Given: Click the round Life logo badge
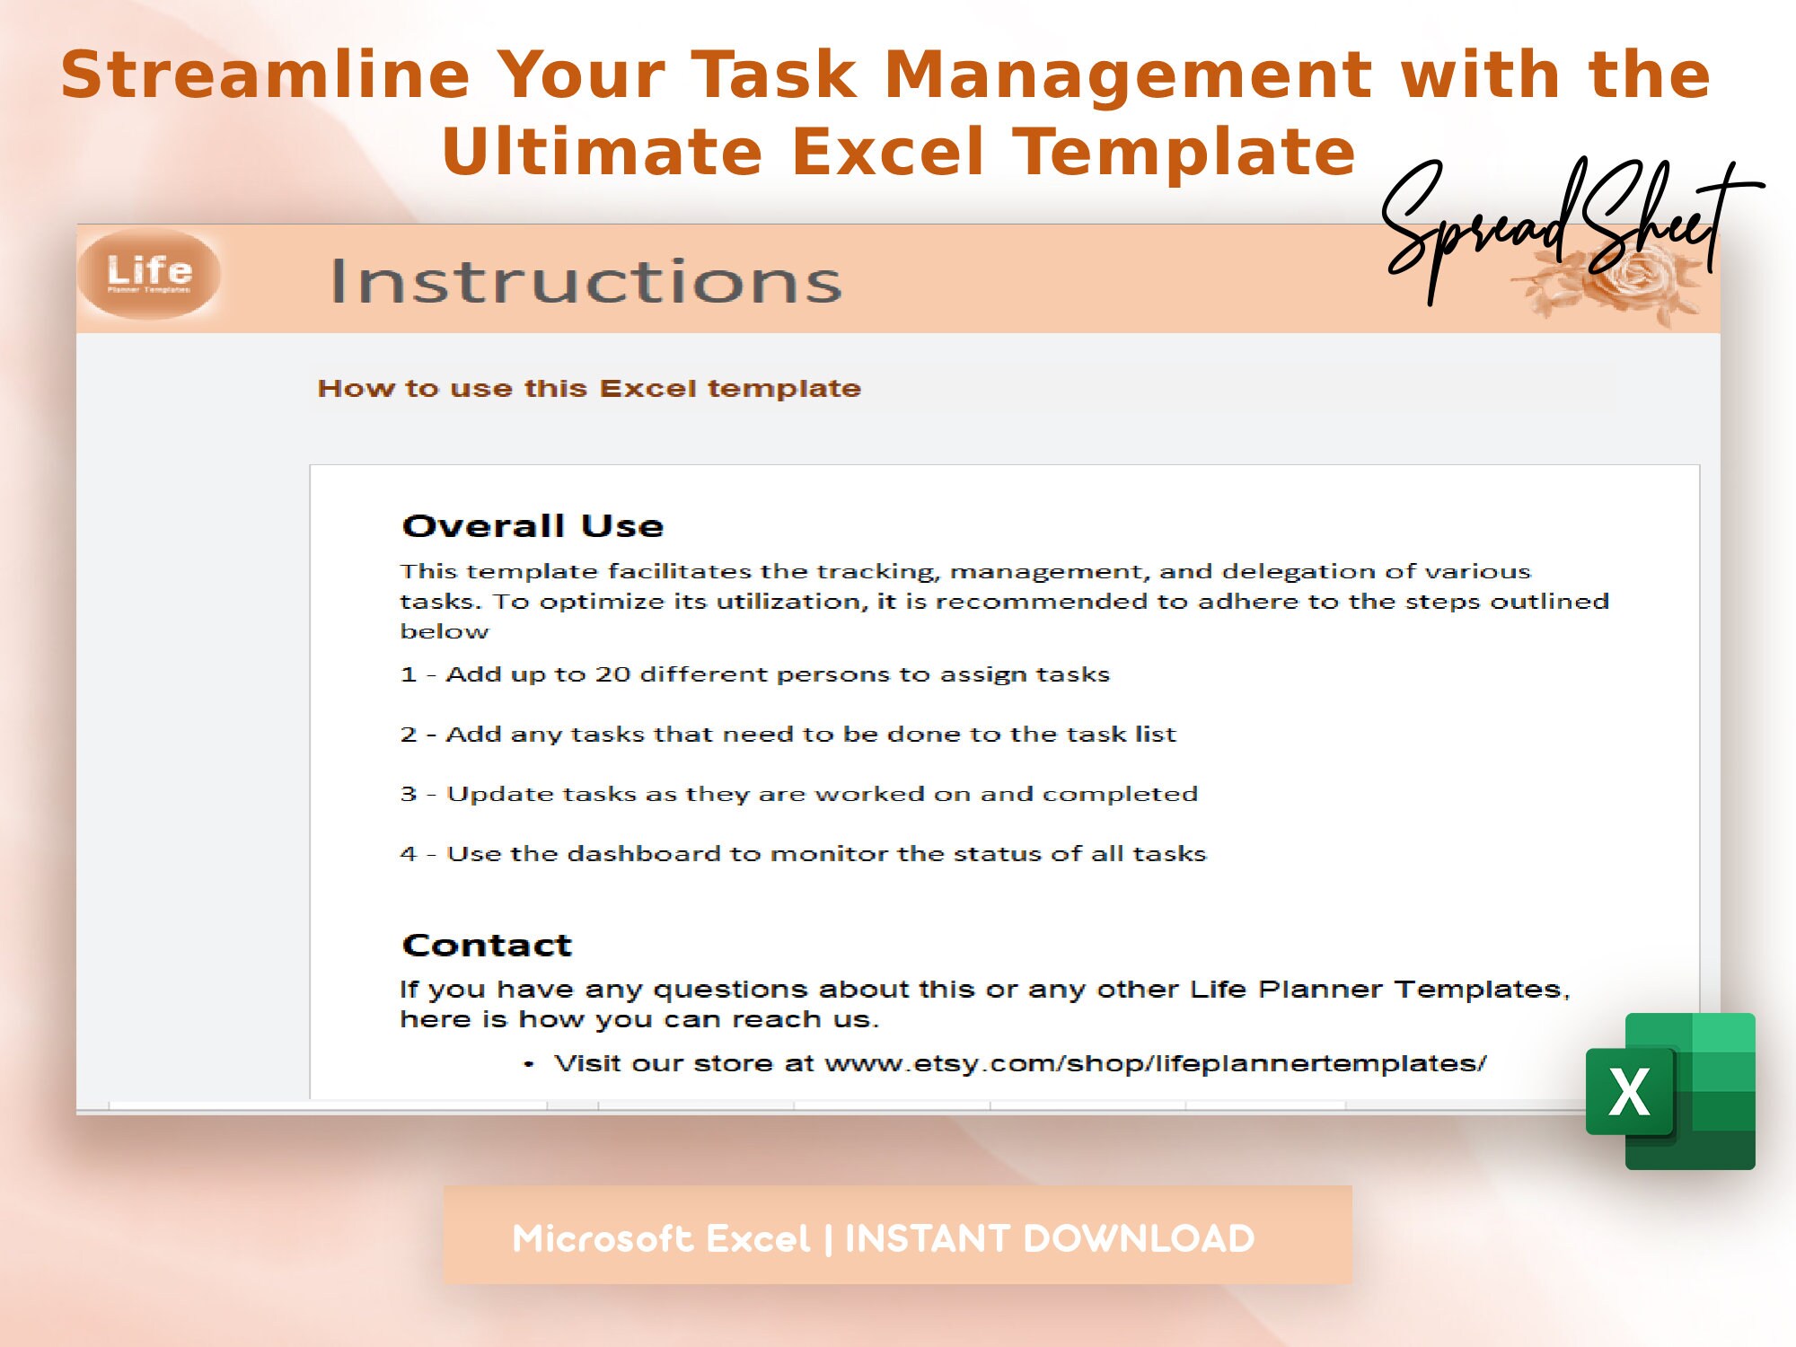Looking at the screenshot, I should (149, 274).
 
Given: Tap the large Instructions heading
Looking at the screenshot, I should (585, 281).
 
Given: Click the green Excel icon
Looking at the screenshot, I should (1670, 1091).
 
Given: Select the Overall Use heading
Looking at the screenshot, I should (533, 526).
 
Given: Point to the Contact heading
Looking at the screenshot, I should (487, 946).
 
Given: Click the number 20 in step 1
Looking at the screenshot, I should (612, 674).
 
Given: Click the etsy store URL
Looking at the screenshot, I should (1156, 1064).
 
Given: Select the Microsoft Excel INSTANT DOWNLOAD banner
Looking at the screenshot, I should (896, 1236).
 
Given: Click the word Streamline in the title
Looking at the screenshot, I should (265, 75).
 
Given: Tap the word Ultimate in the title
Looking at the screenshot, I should (601, 152).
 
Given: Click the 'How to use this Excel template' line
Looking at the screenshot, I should (589, 389).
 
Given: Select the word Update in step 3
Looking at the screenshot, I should (499, 795).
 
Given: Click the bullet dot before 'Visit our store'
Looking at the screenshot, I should (529, 1065).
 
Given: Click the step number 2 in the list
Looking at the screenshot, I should (409, 735).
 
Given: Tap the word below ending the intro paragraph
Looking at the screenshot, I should (444, 632).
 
